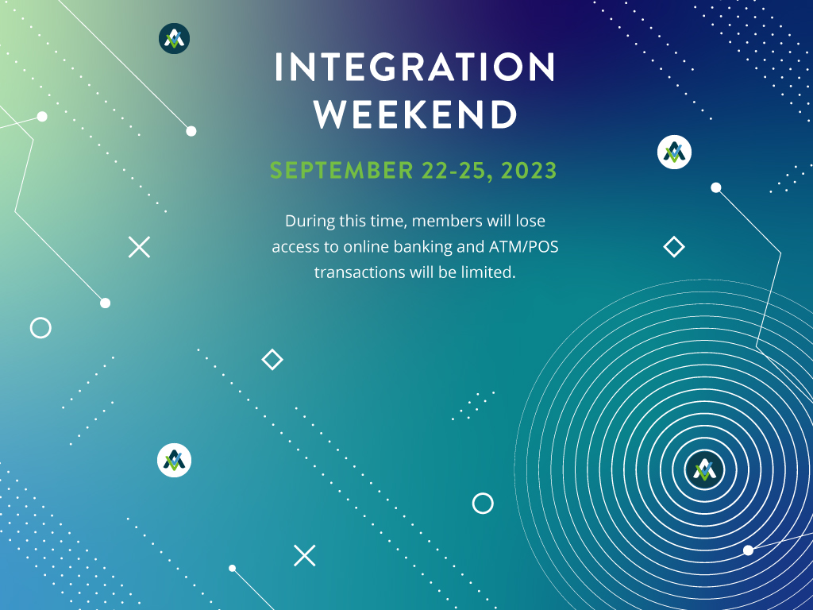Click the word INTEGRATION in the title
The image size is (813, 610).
[414, 67]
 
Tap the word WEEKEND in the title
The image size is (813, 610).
[416, 114]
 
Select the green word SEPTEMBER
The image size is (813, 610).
[341, 170]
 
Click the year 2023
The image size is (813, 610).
[529, 170]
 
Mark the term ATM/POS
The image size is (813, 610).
[524, 246]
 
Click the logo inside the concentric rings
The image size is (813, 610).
[704, 469]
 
